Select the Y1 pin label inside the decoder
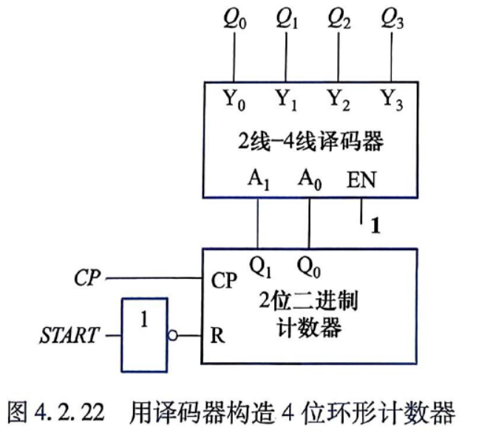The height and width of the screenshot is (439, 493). click(287, 99)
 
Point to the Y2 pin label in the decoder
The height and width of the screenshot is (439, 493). click(339, 99)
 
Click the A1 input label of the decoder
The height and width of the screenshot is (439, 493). click(259, 179)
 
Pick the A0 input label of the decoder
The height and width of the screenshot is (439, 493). click(310, 179)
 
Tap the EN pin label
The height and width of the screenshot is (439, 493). click(361, 180)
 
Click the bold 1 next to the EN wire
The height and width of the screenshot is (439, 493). click(375, 226)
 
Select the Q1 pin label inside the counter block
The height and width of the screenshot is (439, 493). click(260, 267)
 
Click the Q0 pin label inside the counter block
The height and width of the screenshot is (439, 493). click(309, 267)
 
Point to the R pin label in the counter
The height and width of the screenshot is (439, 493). click(217, 335)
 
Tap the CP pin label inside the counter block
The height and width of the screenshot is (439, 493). click(224, 280)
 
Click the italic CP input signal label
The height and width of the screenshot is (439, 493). click(87, 278)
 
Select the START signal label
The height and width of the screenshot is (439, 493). click(69, 335)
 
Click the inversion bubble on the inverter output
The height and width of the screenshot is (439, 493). click(172, 335)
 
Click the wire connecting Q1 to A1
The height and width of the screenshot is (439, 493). click(258, 224)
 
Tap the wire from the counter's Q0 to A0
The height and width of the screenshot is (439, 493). click(309, 224)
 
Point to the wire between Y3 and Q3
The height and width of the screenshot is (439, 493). click(392, 57)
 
